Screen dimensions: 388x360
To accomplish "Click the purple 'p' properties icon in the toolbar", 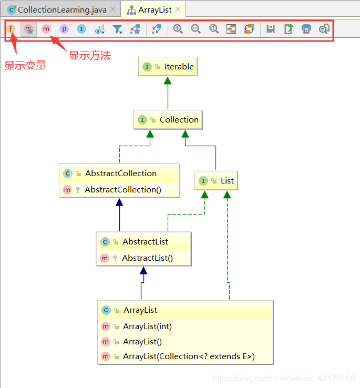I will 64,29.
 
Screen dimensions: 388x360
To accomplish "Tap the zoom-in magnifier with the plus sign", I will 178,29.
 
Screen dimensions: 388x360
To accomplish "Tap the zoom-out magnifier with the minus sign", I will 196,29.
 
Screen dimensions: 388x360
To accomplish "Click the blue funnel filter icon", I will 117,29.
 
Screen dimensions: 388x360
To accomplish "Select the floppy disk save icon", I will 271,29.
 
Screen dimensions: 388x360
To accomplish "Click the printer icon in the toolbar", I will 306,29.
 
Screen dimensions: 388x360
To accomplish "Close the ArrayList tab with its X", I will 178,9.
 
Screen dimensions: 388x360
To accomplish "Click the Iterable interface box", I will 168,67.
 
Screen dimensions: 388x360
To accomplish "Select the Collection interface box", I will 168,120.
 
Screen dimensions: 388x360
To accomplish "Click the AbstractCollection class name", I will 120,173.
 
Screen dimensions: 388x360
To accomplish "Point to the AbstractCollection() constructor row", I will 122,190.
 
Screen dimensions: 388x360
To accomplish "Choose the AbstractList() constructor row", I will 147,258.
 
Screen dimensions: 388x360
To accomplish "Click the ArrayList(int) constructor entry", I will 147,326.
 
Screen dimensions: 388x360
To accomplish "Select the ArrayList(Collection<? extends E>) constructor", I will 189,356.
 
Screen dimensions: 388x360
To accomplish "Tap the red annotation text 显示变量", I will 25,66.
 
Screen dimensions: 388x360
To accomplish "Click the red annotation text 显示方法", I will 90,55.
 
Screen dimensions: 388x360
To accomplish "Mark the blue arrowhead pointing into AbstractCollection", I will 120,202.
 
